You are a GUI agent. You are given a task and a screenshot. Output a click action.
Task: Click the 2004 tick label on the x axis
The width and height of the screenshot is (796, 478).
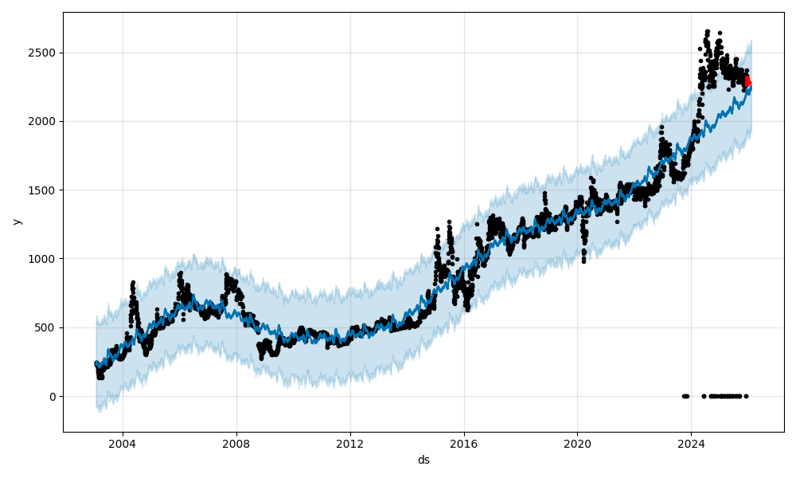[x=123, y=444]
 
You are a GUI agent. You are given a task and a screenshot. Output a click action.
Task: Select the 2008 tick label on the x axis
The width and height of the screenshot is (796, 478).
[x=236, y=444]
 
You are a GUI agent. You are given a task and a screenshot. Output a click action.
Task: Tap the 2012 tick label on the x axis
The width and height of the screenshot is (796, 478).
[x=350, y=444]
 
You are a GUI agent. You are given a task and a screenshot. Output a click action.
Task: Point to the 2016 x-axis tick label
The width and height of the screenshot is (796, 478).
[x=464, y=444]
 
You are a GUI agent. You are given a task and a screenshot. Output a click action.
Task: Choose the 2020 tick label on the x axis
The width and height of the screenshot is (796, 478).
[x=578, y=444]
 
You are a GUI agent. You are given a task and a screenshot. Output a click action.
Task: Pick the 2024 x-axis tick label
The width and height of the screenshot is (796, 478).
[x=692, y=444]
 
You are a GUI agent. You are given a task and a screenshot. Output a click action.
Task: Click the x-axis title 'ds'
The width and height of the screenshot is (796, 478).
[x=423, y=460]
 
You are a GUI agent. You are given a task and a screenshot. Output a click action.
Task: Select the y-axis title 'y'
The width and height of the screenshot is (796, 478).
[x=16, y=221]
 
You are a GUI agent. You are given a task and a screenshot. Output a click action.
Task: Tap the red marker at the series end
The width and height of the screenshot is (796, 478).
[x=747, y=81]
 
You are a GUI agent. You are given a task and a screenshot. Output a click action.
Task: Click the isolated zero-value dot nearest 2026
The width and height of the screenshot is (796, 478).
[x=746, y=396]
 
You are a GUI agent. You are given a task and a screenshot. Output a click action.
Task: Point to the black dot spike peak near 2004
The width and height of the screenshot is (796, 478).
[x=133, y=282]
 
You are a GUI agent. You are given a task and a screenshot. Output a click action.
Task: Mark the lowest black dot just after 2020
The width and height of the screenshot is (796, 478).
[x=583, y=261]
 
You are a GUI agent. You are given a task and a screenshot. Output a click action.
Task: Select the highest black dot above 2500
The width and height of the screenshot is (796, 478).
[x=708, y=32]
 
